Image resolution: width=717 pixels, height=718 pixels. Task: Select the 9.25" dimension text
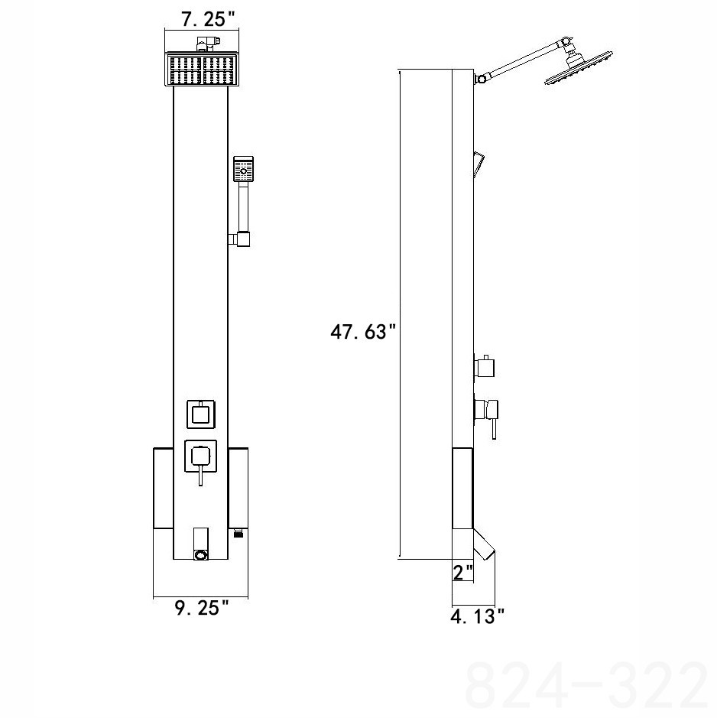tap(202, 609)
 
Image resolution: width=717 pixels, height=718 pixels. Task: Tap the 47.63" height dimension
tap(363, 333)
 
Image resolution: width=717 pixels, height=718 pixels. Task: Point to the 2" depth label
tap(463, 572)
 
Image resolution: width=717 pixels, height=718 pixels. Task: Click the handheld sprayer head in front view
tap(244, 167)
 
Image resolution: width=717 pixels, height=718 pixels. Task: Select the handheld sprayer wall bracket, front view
tap(244, 239)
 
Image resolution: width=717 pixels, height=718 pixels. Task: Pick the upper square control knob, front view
tap(201, 415)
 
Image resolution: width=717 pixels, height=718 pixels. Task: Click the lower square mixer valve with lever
tap(201, 458)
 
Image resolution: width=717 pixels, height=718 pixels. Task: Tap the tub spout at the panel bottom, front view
tap(201, 544)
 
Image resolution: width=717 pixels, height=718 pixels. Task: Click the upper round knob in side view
tap(485, 367)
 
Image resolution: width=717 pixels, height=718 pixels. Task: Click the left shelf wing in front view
tap(164, 489)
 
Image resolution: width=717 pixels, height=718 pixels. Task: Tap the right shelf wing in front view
tap(239, 489)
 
